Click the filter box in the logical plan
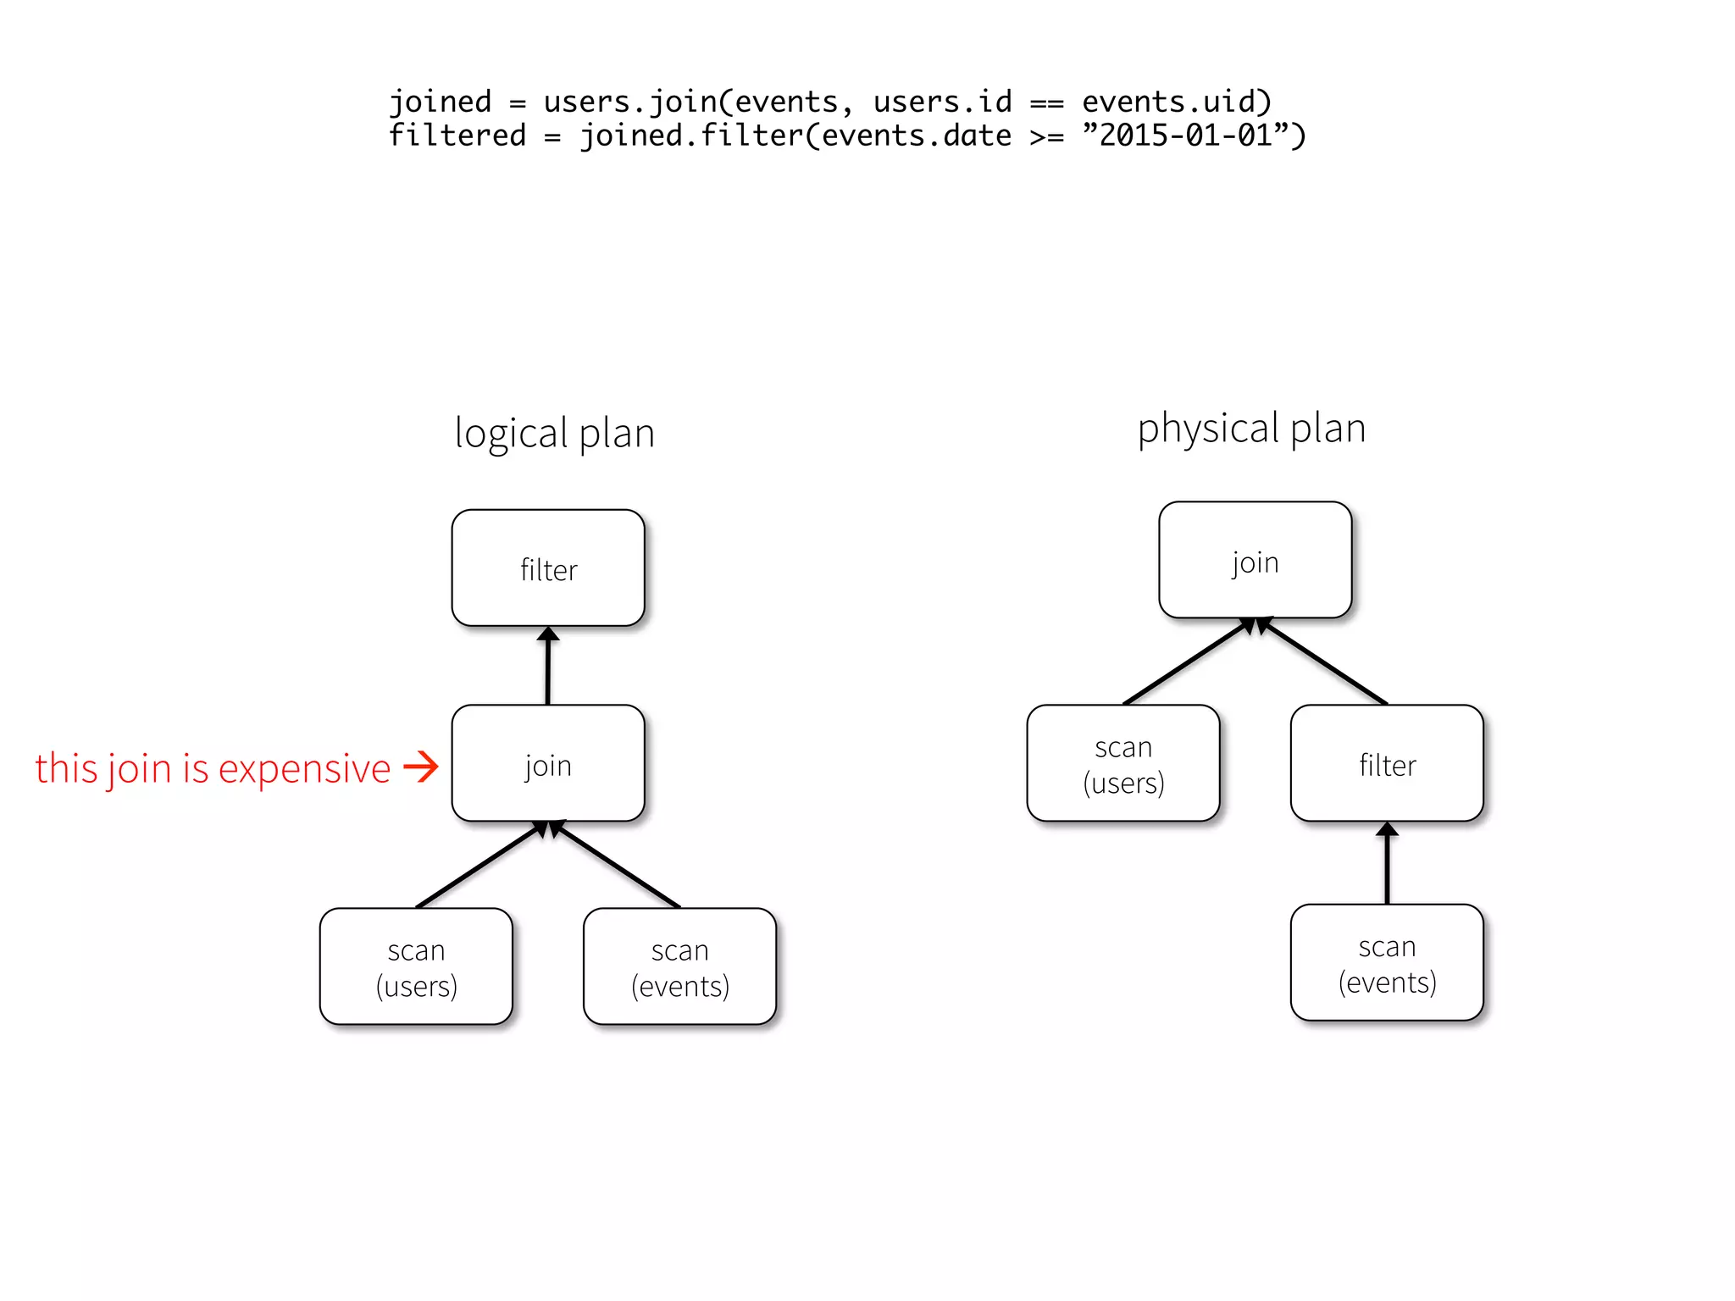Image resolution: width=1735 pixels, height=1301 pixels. point(548,568)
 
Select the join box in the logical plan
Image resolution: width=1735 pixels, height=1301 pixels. point(548,763)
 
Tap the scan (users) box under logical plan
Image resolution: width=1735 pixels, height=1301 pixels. point(416,966)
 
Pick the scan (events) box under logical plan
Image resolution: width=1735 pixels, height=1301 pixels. point(679,966)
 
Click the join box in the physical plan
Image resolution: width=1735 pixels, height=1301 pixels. point(1255,560)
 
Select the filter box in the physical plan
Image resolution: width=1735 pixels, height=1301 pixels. point(1387,763)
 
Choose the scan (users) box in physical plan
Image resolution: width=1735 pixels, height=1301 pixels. point(1123,763)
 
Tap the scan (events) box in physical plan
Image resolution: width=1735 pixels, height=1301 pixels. point(1387,962)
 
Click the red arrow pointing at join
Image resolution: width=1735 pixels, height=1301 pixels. point(421,767)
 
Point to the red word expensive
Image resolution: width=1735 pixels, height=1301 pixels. point(304,769)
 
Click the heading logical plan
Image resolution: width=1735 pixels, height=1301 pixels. point(554,433)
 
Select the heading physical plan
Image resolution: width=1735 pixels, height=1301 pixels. point(1251,429)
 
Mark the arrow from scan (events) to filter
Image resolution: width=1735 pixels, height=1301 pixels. point(1387,863)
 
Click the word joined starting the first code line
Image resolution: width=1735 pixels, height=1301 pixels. point(440,102)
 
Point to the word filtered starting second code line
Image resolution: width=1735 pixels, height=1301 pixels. point(457,136)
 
